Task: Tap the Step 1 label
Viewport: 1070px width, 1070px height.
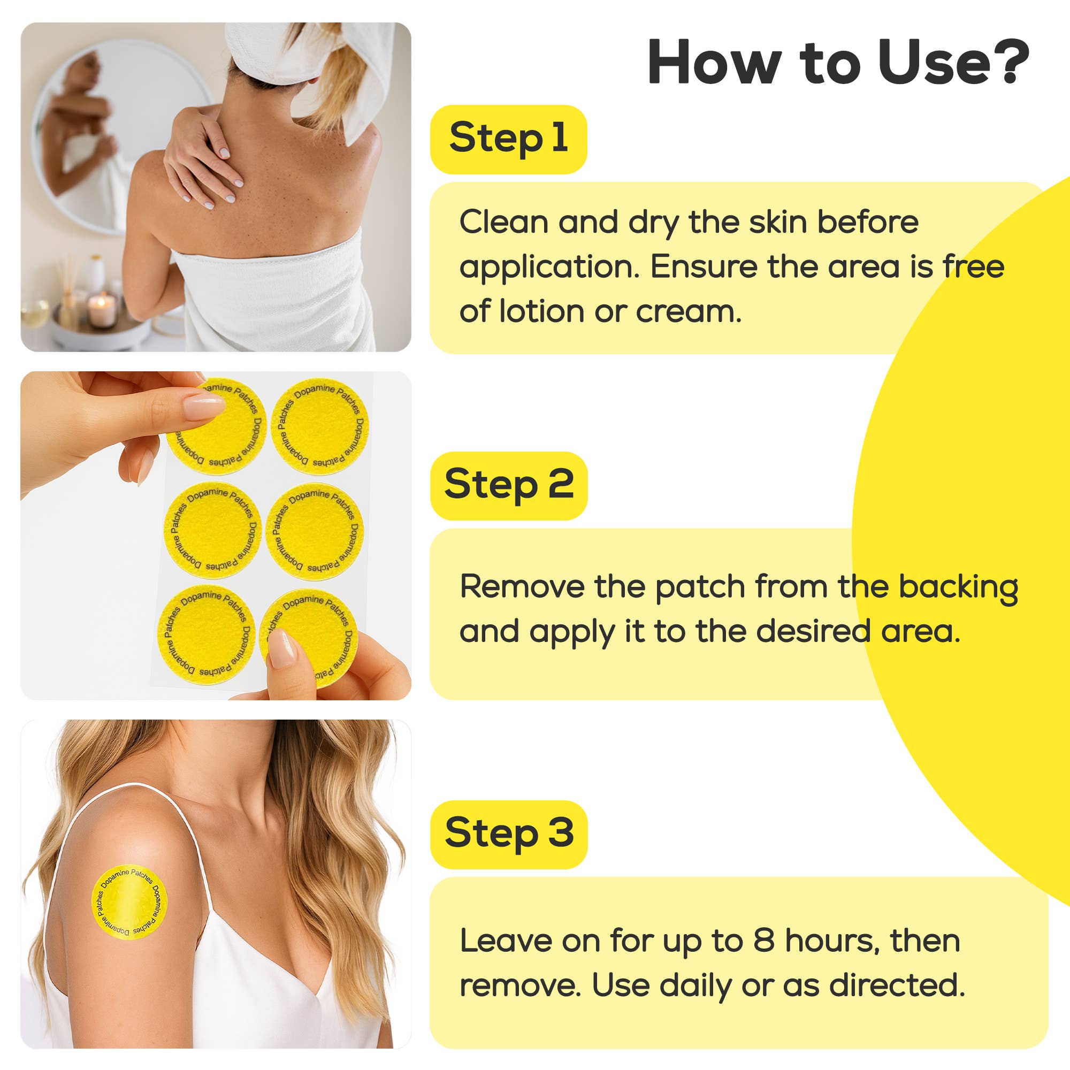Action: (508, 139)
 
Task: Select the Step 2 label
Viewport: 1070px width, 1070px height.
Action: (508, 485)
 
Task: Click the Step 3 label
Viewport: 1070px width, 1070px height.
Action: (508, 834)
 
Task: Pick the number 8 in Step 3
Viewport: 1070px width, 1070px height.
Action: (764, 941)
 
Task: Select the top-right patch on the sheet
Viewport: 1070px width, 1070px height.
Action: (320, 426)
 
